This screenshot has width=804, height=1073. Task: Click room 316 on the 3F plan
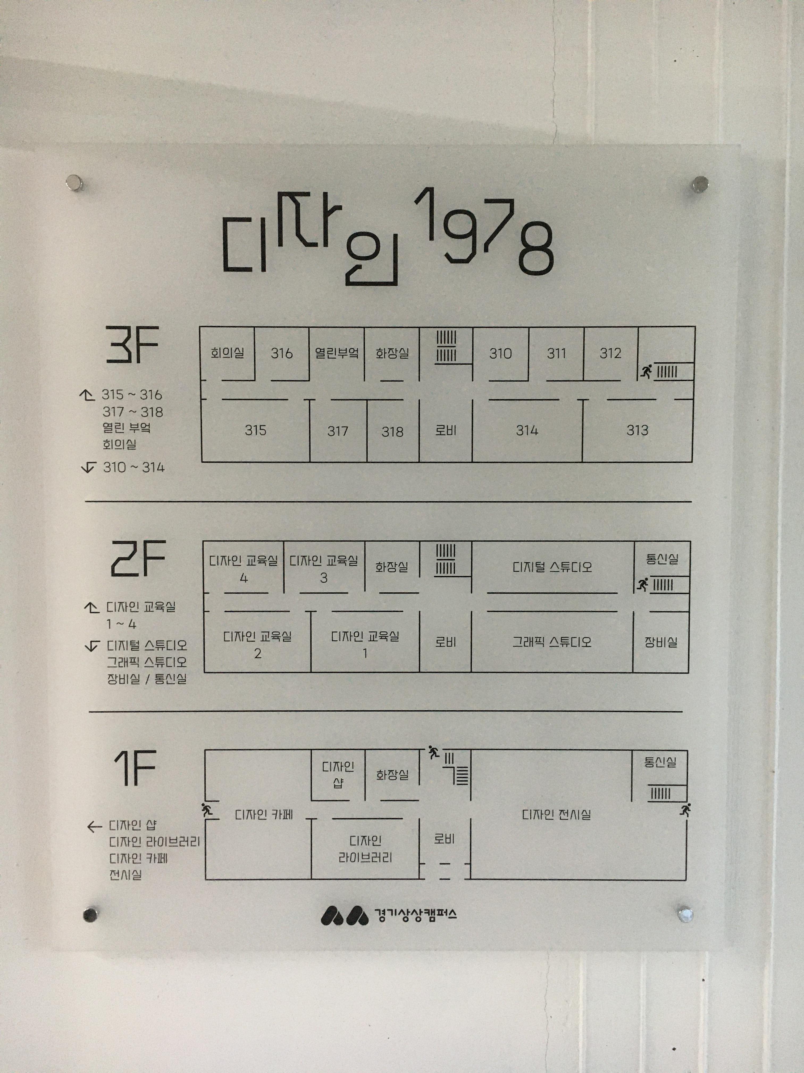click(282, 353)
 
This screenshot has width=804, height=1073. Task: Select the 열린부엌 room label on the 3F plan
click(336, 353)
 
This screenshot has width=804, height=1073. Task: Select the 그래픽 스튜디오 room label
click(552, 642)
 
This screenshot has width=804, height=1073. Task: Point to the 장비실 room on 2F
click(660, 642)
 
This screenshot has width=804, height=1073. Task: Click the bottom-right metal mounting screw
click(685, 914)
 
